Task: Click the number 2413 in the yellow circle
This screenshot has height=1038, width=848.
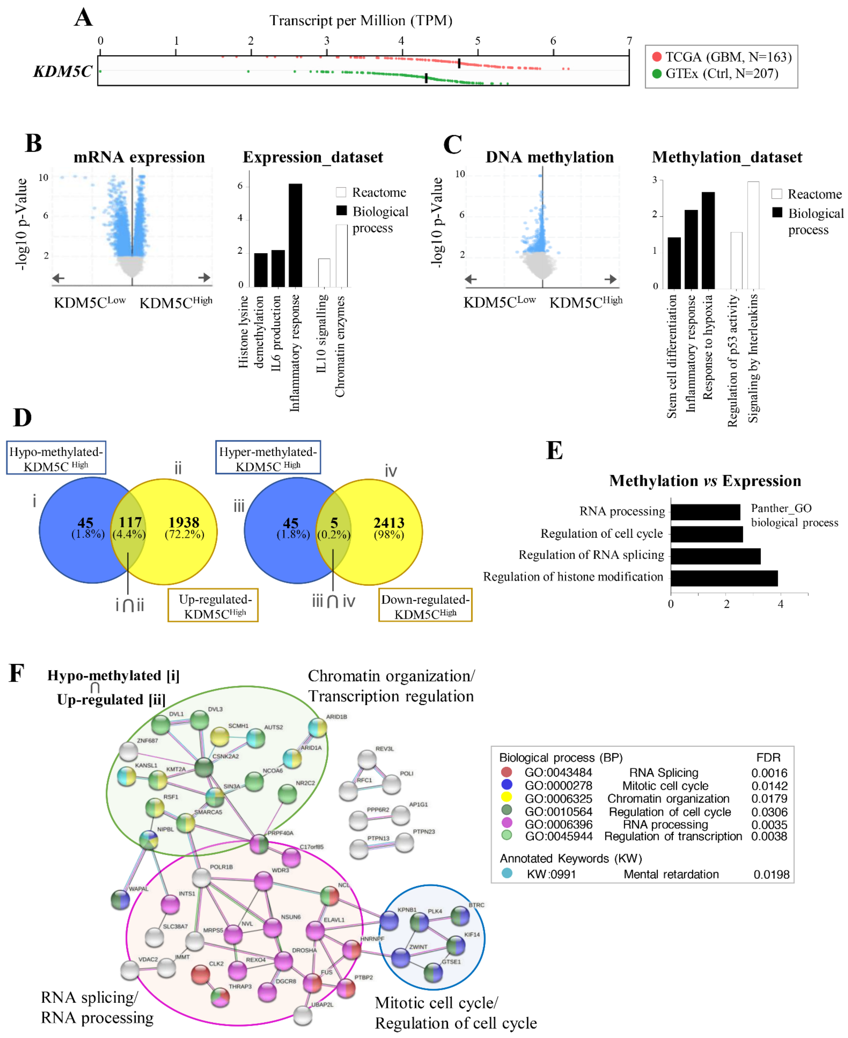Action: (389, 523)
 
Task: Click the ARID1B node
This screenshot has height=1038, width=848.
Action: (317, 728)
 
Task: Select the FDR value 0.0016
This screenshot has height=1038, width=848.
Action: (769, 773)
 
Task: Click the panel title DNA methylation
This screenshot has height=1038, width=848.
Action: (550, 157)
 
